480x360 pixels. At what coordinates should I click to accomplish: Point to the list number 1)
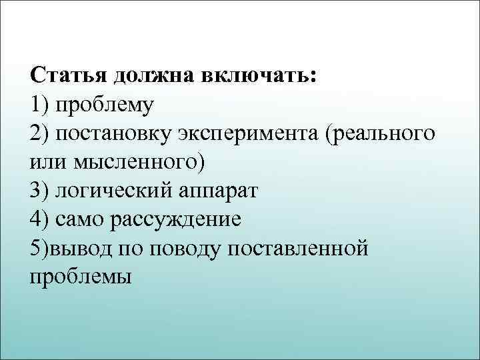39,104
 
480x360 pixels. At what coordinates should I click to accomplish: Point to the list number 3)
39,191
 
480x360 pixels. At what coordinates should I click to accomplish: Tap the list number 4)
39,219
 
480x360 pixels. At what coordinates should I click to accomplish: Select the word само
80,219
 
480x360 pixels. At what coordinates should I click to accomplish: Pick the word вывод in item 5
81,248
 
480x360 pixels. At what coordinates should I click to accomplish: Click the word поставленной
298,248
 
